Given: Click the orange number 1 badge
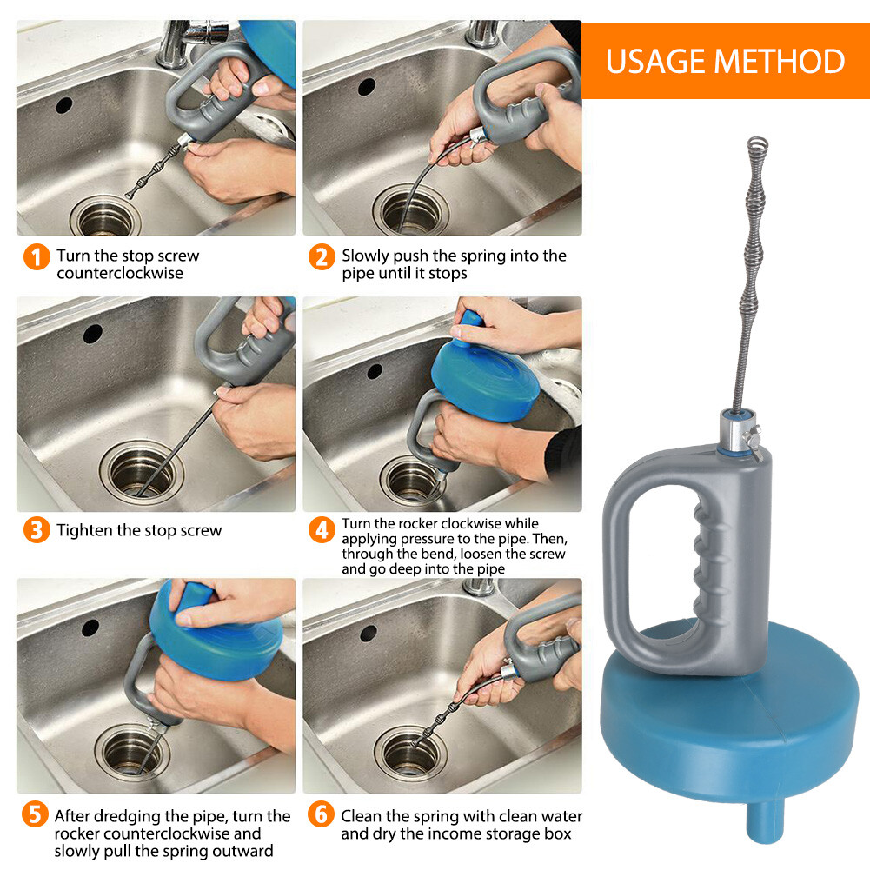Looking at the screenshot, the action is click(x=37, y=257).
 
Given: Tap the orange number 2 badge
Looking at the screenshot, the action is click(x=322, y=257).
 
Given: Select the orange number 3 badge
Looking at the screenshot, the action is click(x=37, y=530).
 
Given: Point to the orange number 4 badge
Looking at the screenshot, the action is click(x=322, y=530).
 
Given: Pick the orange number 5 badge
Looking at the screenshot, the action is click(x=35, y=814).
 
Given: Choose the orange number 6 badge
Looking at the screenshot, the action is click(x=321, y=814).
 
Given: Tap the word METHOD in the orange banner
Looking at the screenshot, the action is click(x=780, y=61).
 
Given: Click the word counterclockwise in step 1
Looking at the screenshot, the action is click(x=120, y=273).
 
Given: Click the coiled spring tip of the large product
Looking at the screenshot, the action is click(x=757, y=145).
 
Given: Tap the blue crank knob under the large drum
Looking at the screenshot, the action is click(x=765, y=821).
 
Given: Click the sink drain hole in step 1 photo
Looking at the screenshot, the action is click(x=105, y=217).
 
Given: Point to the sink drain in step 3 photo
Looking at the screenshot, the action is click(x=142, y=470).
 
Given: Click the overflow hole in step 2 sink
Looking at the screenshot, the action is click(x=366, y=87).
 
